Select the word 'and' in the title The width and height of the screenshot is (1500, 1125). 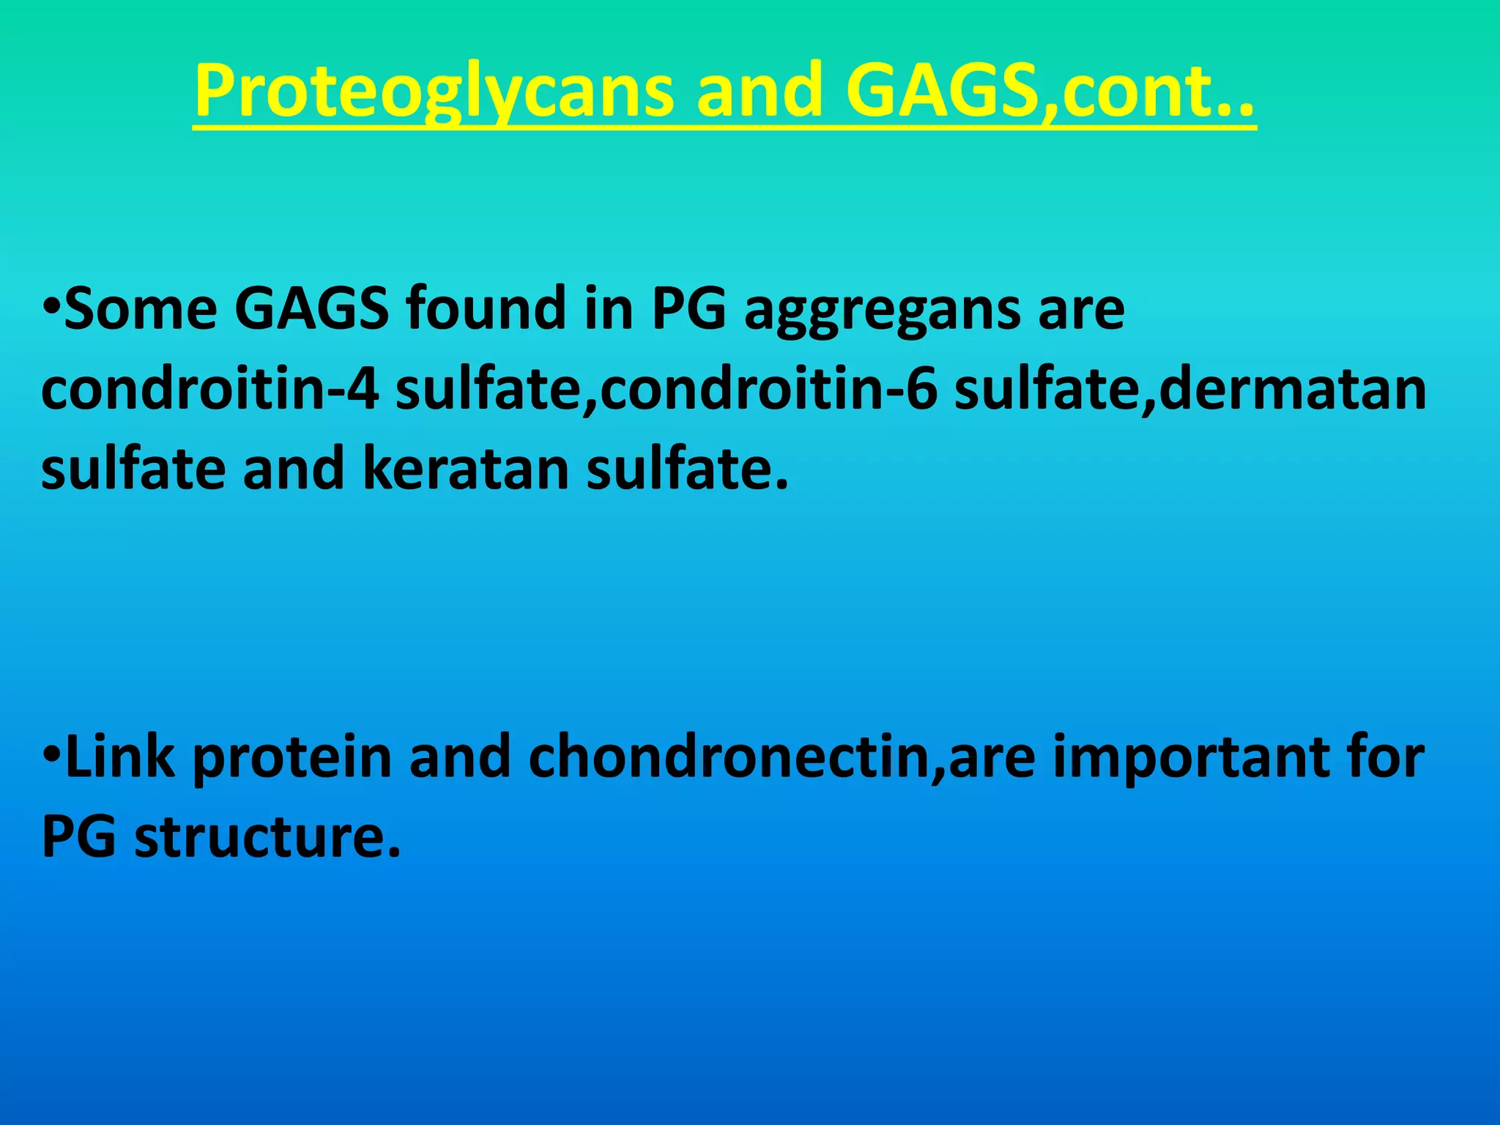click(759, 91)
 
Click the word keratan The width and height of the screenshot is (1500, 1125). click(466, 469)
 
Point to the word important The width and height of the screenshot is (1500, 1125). click(1197, 759)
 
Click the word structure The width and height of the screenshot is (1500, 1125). click(267, 836)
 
